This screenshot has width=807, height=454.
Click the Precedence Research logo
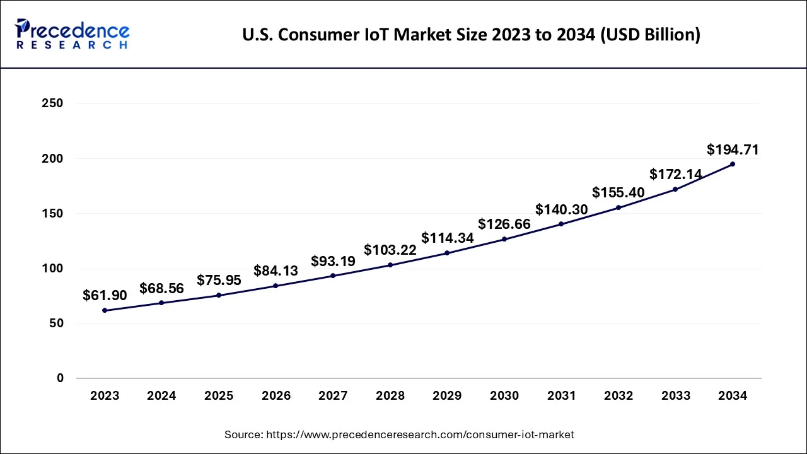[x=73, y=34]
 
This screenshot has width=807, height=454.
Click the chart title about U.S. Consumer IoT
[x=471, y=35]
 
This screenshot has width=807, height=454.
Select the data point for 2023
[x=105, y=310]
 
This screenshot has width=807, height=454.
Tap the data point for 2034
[x=732, y=164]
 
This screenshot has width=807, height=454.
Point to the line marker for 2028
[x=390, y=265]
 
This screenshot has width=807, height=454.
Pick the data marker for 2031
[x=561, y=224]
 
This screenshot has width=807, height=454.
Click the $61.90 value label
[x=105, y=295]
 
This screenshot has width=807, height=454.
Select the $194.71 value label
[x=733, y=149]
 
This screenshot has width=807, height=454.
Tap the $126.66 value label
[x=504, y=224]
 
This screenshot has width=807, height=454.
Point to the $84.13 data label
[x=276, y=271]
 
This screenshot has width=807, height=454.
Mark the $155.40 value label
[x=618, y=192]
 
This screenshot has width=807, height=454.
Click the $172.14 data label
[x=676, y=174]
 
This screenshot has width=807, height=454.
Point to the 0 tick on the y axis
[x=59, y=378]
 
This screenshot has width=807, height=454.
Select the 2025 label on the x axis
[x=219, y=396]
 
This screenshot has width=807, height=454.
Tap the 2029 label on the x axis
[x=447, y=396]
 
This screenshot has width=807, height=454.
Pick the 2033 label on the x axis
[x=675, y=396]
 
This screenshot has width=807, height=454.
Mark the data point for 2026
[x=276, y=286]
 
